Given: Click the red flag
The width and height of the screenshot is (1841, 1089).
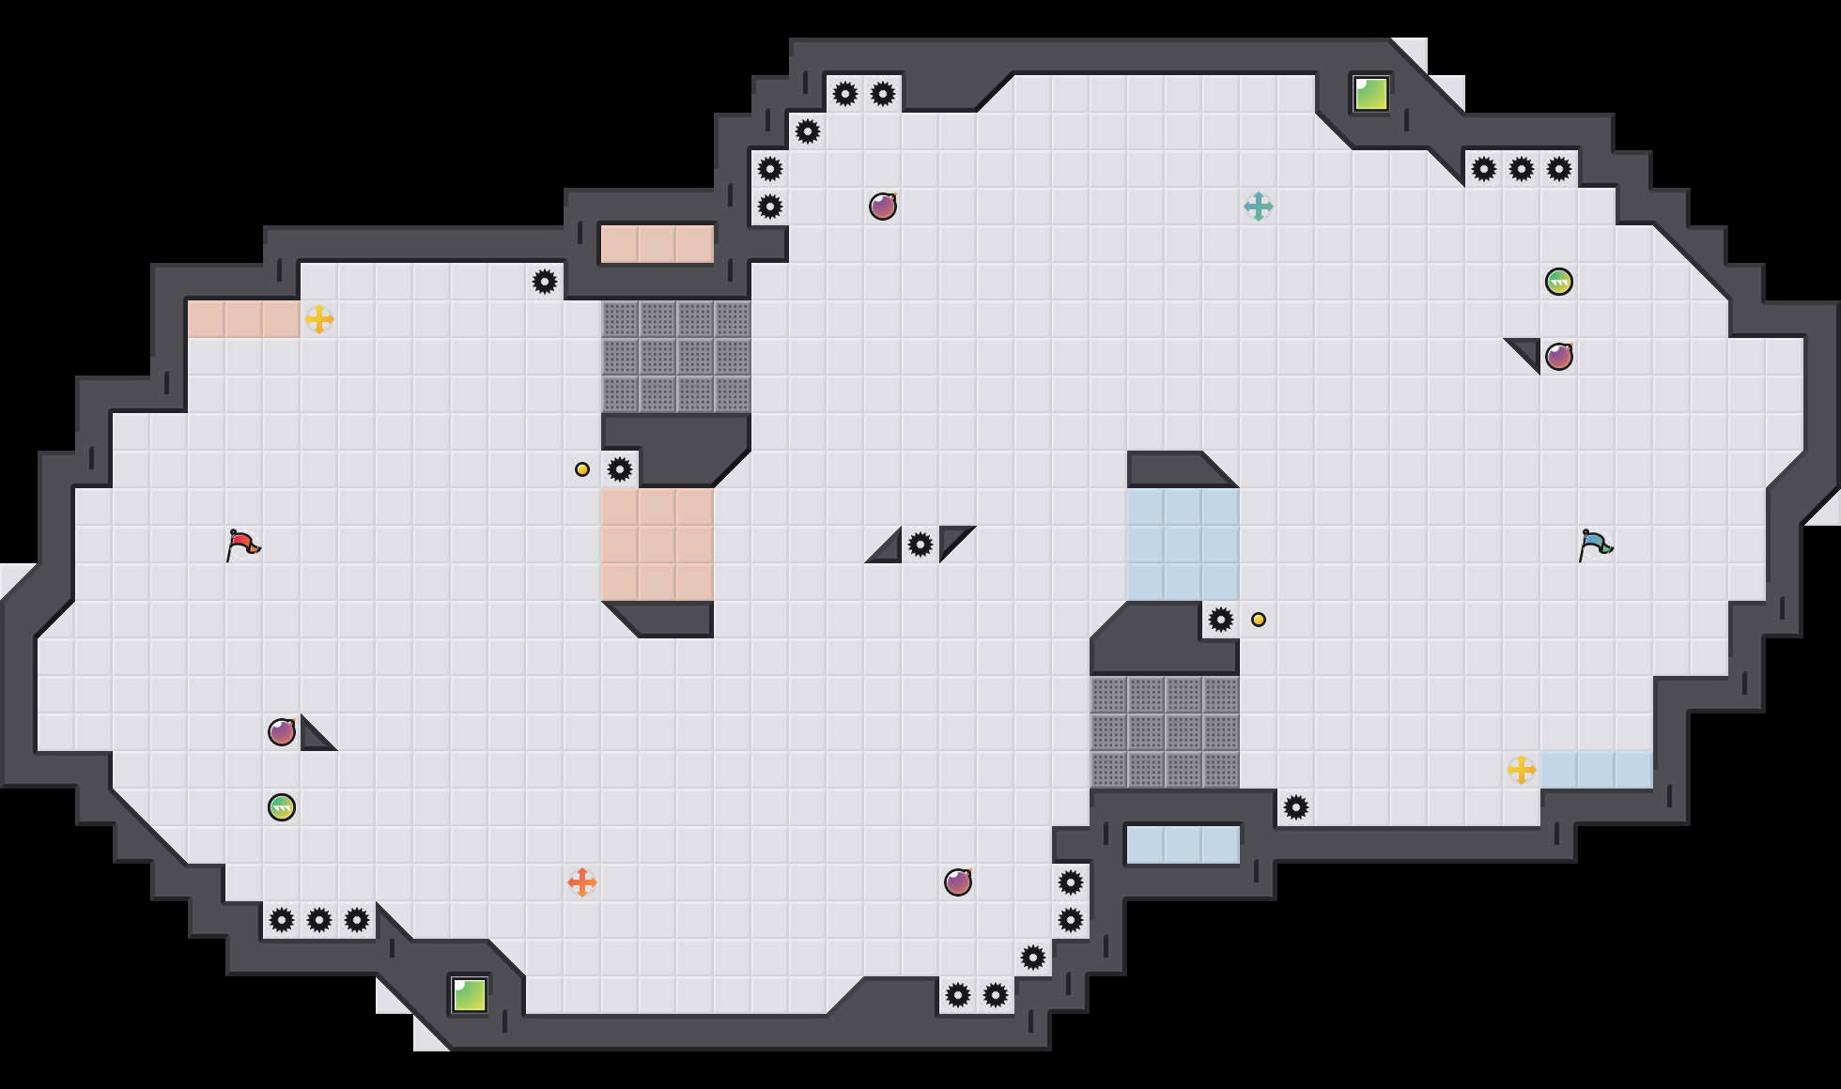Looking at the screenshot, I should (x=243, y=544).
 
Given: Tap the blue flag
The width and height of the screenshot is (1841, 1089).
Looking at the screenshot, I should (x=1596, y=544).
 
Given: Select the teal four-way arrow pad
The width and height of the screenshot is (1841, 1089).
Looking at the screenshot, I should (x=1259, y=207).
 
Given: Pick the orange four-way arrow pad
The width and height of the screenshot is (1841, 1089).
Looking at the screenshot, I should (x=582, y=882).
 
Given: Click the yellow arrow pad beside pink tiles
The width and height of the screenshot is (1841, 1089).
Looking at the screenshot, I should (x=319, y=319).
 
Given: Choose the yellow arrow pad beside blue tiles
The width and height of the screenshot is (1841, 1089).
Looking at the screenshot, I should (x=1522, y=770).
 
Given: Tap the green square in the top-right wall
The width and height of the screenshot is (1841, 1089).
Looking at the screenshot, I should (x=1371, y=94).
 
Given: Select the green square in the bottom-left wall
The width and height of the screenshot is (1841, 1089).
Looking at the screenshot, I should (x=470, y=995).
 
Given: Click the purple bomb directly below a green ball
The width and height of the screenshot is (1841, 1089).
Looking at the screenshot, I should (x=1559, y=357).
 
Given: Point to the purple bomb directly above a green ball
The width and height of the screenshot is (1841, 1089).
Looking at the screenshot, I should (x=282, y=732).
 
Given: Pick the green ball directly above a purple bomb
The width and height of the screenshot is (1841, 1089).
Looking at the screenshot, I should (x=1559, y=282).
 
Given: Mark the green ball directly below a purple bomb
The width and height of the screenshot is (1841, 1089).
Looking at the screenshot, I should (x=282, y=807).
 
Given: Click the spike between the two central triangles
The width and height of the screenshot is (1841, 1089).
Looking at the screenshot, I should (x=920, y=544).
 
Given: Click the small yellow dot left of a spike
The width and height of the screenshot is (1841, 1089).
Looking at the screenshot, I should (x=582, y=469).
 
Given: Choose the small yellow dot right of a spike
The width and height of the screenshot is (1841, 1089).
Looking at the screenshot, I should (x=1259, y=620).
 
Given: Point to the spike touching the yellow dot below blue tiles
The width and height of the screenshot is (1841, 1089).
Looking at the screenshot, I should (x=1221, y=620).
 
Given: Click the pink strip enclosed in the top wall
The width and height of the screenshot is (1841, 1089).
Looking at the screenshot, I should (x=657, y=244).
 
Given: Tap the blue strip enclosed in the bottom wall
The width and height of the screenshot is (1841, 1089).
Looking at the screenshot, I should (x=1183, y=845).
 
